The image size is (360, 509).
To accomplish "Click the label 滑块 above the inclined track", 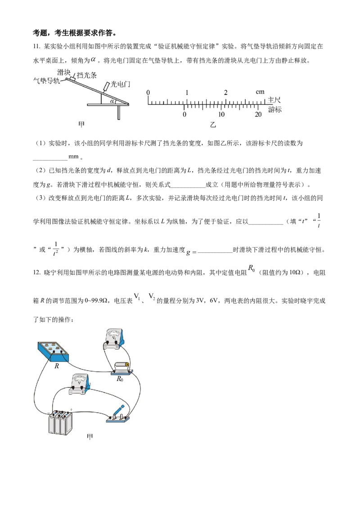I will [63, 72].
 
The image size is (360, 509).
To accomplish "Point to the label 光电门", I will [120, 84].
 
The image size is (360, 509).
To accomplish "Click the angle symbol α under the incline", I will [112, 102].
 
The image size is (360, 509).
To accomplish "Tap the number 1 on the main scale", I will [187, 93].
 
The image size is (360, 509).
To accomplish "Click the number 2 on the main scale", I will [225, 93].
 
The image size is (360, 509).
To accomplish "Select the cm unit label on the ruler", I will [260, 92].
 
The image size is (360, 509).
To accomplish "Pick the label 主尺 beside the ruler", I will [274, 100].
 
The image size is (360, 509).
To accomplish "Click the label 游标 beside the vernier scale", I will [274, 109].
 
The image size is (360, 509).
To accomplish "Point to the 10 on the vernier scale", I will [221, 115].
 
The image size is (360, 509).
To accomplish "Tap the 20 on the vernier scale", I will [258, 115].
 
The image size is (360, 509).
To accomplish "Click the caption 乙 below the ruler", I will [213, 125].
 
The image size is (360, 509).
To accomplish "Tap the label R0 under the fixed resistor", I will [120, 379].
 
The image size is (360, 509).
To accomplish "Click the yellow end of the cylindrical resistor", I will [127, 365].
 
